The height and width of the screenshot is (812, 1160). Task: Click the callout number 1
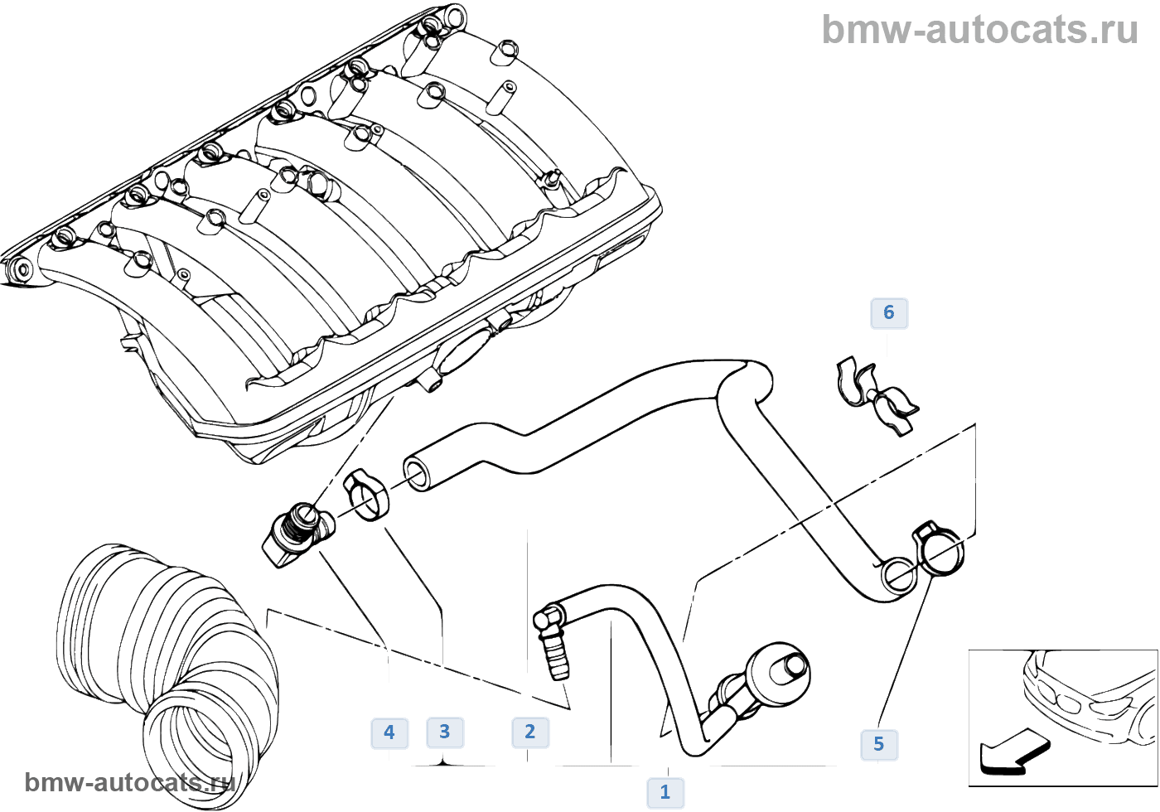(x=665, y=792)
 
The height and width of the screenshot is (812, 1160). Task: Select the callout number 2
(x=529, y=732)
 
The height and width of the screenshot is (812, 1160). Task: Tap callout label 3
(x=444, y=732)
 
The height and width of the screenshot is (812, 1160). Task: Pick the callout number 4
(x=389, y=732)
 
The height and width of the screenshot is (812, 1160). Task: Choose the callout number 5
(x=878, y=744)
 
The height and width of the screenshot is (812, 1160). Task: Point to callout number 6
(x=888, y=312)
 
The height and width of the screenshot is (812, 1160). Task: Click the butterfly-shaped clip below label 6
(x=877, y=395)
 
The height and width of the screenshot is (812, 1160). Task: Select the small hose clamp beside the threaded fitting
(x=365, y=495)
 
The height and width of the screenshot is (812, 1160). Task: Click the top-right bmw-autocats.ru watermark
(x=979, y=30)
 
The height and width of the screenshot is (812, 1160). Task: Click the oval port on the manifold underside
(x=458, y=354)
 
